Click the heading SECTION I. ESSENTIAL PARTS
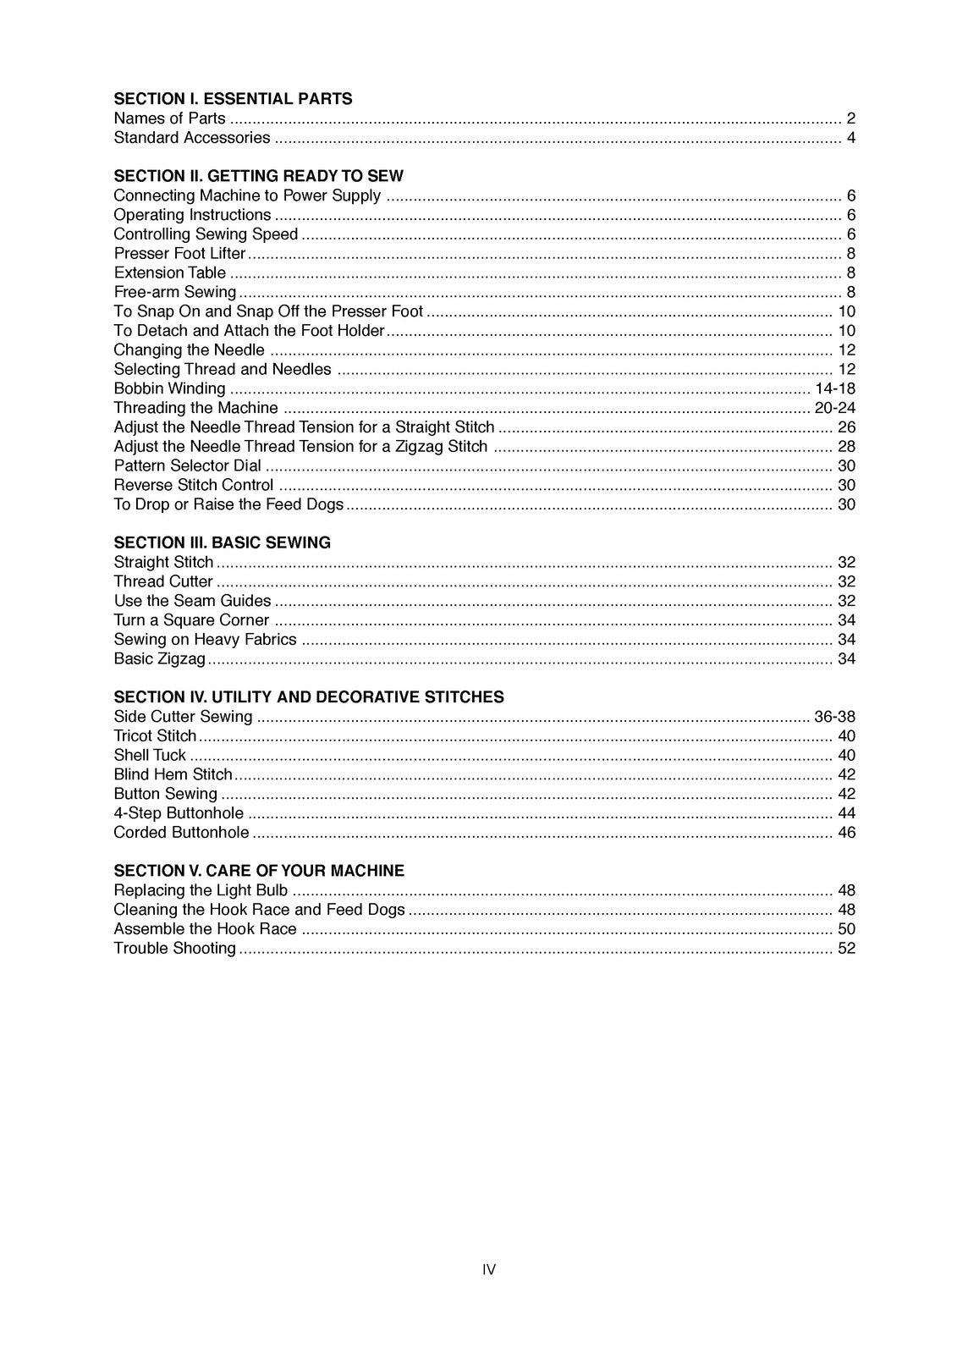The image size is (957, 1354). pyautogui.click(x=233, y=99)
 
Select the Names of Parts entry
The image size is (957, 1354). pyautogui.click(x=169, y=118)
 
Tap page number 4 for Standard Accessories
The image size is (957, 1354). pyautogui.click(x=850, y=138)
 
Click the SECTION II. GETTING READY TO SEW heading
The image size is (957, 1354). pyautogui.click(x=258, y=176)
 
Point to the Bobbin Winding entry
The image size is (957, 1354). pyautogui.click(x=169, y=388)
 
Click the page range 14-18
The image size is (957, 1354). pyautogui.click(x=834, y=388)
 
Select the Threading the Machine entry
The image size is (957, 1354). pyautogui.click(x=195, y=408)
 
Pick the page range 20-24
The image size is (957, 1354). pyautogui.click(x=834, y=408)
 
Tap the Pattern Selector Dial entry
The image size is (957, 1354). pyautogui.click(x=187, y=466)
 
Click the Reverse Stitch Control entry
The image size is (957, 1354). pyautogui.click(x=193, y=486)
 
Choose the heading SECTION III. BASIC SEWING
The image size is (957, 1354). pyautogui.click(x=222, y=542)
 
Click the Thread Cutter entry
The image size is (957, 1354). pyautogui.click(x=163, y=581)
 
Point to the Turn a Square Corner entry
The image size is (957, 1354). pyautogui.click(x=191, y=620)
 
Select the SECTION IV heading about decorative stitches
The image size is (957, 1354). pyautogui.click(x=308, y=697)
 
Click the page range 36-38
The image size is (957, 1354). pyautogui.click(x=834, y=717)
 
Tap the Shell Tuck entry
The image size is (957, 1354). pyautogui.click(x=150, y=756)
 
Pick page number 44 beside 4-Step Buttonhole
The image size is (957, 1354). pyautogui.click(x=846, y=813)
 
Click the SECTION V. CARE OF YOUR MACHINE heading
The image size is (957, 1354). pyautogui.click(x=259, y=871)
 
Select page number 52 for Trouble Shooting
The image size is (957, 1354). pyautogui.click(x=846, y=949)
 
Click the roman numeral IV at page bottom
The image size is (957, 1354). pyautogui.click(x=488, y=1269)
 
